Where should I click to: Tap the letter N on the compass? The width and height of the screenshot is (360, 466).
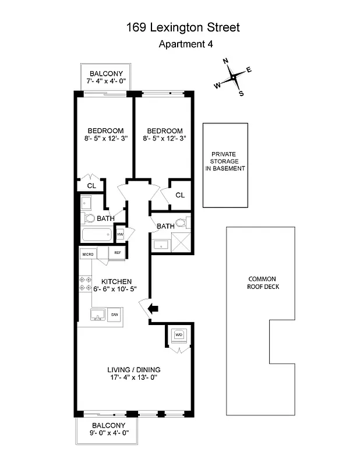226,61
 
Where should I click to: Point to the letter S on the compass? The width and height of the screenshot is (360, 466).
241,93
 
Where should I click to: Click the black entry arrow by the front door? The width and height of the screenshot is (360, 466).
154,309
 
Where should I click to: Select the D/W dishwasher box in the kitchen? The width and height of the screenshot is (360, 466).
115,315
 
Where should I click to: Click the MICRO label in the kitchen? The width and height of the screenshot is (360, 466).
88,253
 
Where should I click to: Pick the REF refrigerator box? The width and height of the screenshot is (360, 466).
117,253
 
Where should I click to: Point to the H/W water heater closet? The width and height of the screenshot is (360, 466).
120,234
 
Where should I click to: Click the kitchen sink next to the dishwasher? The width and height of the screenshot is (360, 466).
97,315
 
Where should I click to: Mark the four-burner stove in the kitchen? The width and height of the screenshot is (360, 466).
86,284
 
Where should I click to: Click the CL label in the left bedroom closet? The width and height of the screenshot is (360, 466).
91,186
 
